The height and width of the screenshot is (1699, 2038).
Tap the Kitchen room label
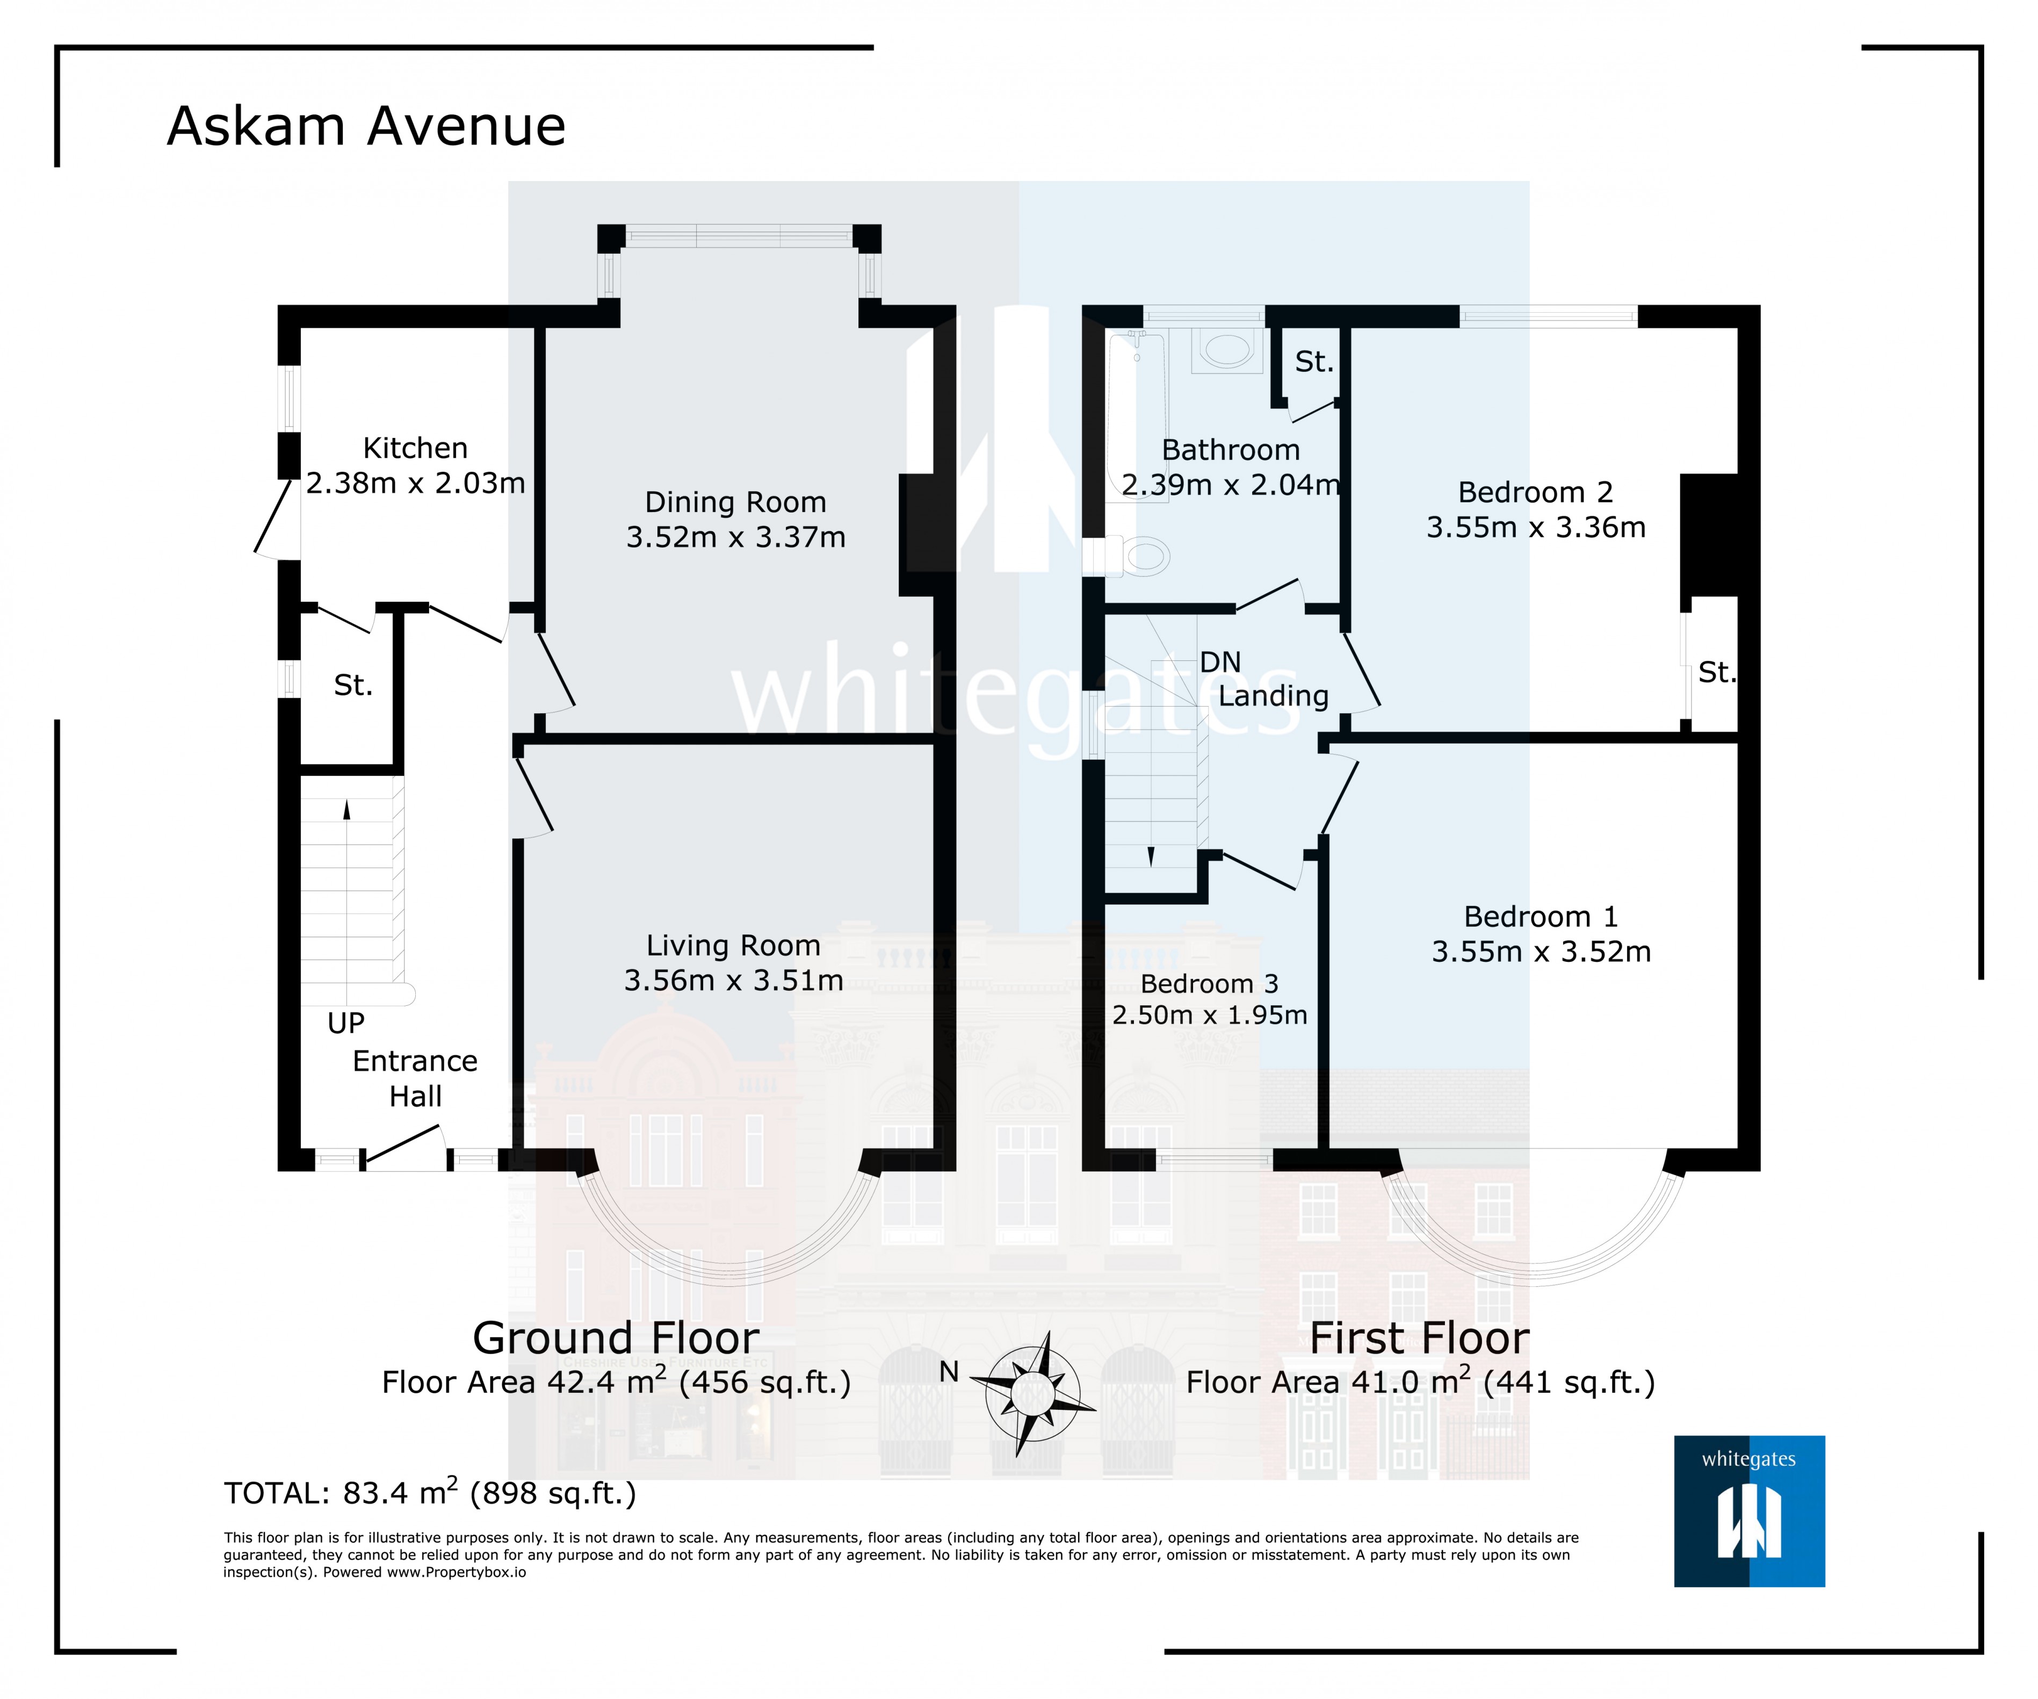(415, 448)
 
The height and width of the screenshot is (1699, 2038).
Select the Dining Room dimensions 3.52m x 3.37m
(735, 537)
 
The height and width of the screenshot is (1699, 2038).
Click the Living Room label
(734, 945)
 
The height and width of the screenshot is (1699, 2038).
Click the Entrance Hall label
(415, 1078)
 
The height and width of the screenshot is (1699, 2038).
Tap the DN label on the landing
(1220, 662)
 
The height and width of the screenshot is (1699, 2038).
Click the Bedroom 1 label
(1541, 917)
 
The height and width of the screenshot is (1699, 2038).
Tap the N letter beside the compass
(949, 1372)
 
